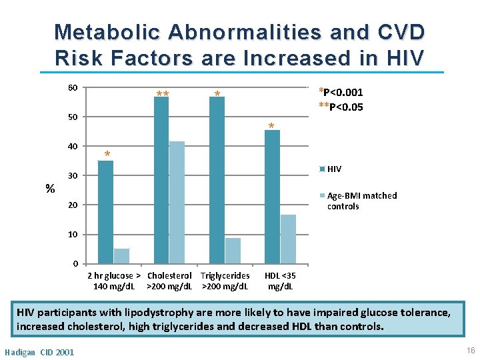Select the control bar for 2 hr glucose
point(121,256)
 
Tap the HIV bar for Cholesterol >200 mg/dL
point(161,180)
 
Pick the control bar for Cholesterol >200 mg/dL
point(177,202)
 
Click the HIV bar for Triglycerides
point(217,180)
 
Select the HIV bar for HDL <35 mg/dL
point(272,197)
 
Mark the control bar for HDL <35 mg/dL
point(288,239)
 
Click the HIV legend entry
point(334,169)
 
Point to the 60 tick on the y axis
point(73,88)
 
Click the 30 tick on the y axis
point(73,176)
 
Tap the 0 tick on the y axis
point(75,264)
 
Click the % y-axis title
point(50,189)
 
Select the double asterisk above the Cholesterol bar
point(162,95)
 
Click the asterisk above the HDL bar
point(271,127)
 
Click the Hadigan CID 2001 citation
point(39,352)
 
